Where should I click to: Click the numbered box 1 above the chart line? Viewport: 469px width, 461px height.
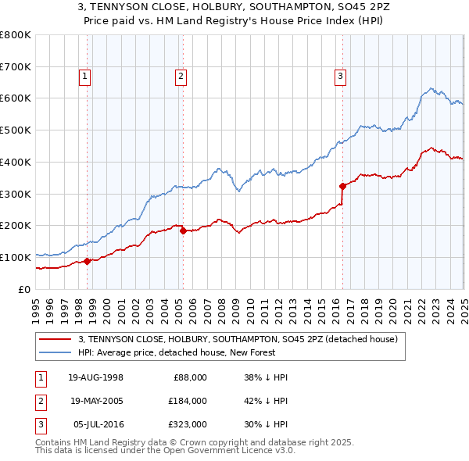coord(84,77)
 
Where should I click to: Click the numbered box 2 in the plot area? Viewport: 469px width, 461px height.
coord(181,77)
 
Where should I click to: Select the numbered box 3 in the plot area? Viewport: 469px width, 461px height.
coord(341,77)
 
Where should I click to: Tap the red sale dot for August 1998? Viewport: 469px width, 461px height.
coord(88,261)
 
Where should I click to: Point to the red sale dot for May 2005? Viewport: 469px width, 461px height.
coord(183,230)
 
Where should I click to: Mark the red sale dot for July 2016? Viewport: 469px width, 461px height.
coord(342,186)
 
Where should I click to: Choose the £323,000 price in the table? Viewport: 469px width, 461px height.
coord(188,424)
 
